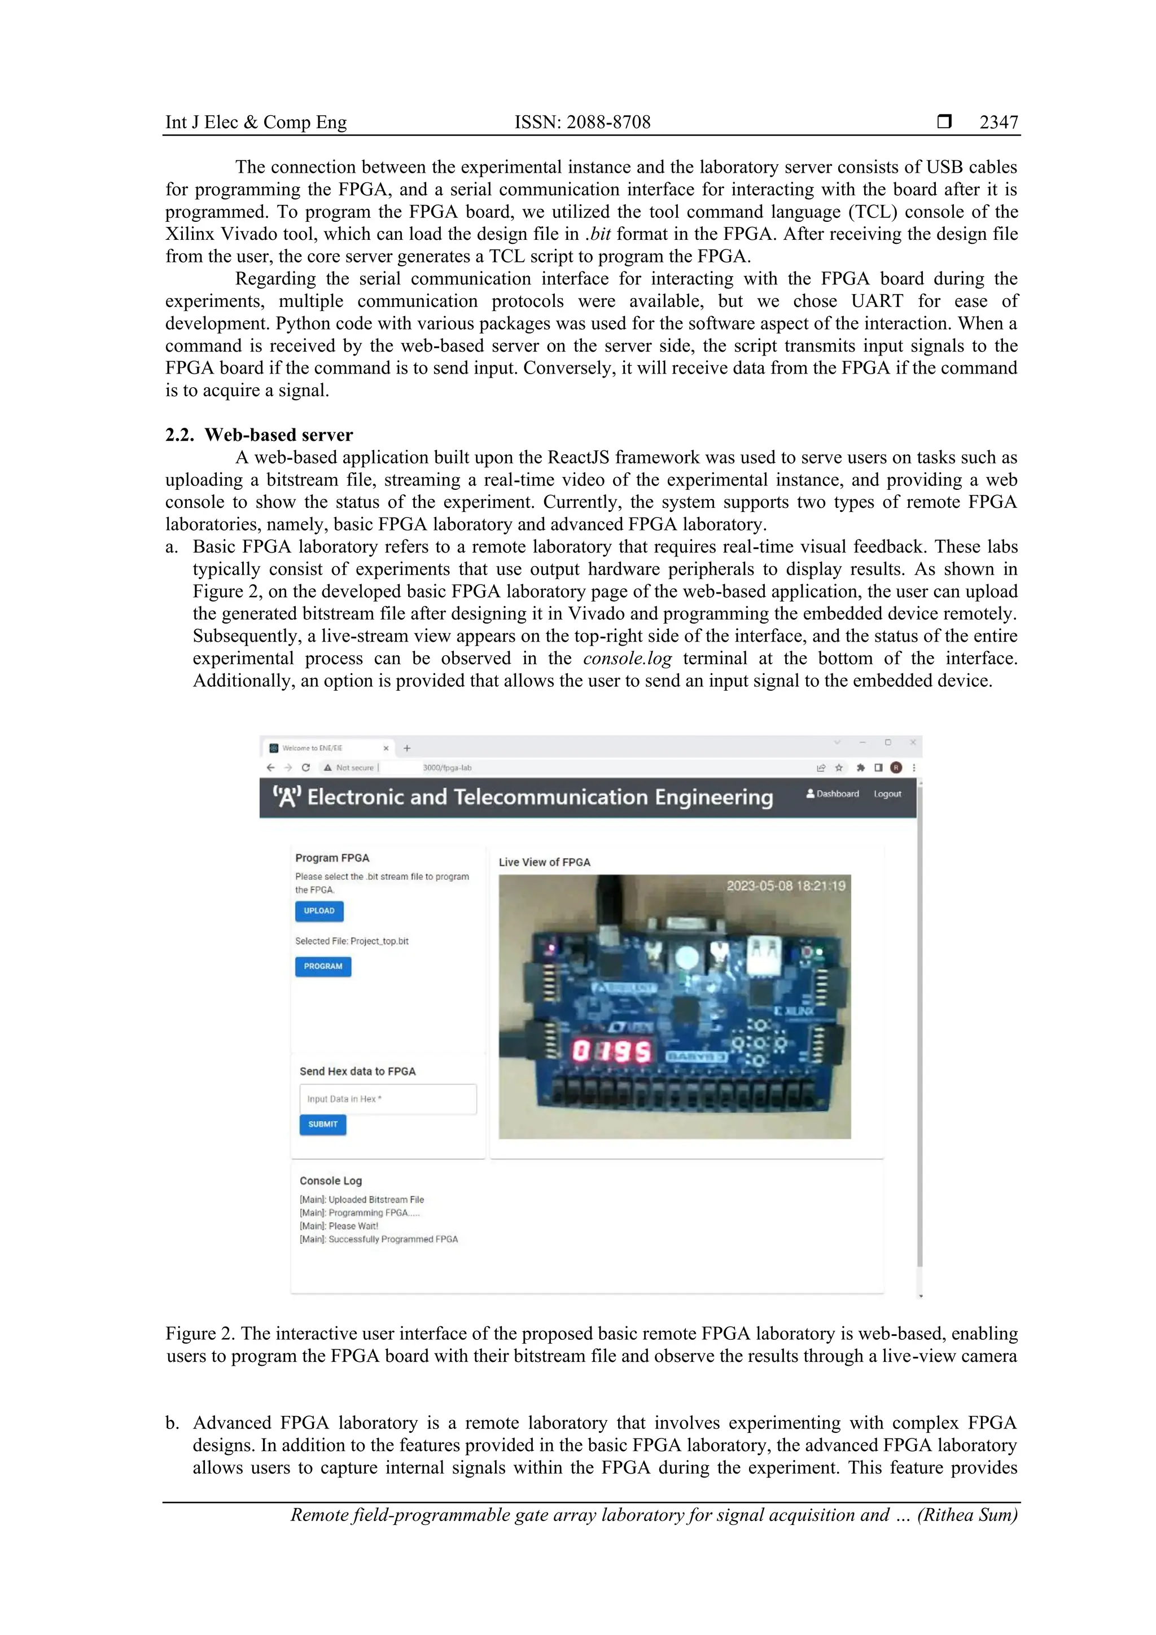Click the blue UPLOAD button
[319, 911]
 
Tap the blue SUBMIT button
[323, 1124]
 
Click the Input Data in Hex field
[387, 1099]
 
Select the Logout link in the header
[887, 794]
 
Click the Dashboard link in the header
[833, 794]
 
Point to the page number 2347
[998, 122]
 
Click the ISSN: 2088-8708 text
[582, 122]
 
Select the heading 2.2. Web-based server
[259, 435]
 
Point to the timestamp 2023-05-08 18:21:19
[785, 886]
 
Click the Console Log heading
[331, 1181]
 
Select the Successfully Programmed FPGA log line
[379, 1239]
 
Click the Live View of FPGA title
[544, 862]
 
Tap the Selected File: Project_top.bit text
[352, 941]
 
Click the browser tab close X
[386, 748]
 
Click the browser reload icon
[305, 768]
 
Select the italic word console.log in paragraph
[627, 659]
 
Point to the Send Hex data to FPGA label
[357, 1071]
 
